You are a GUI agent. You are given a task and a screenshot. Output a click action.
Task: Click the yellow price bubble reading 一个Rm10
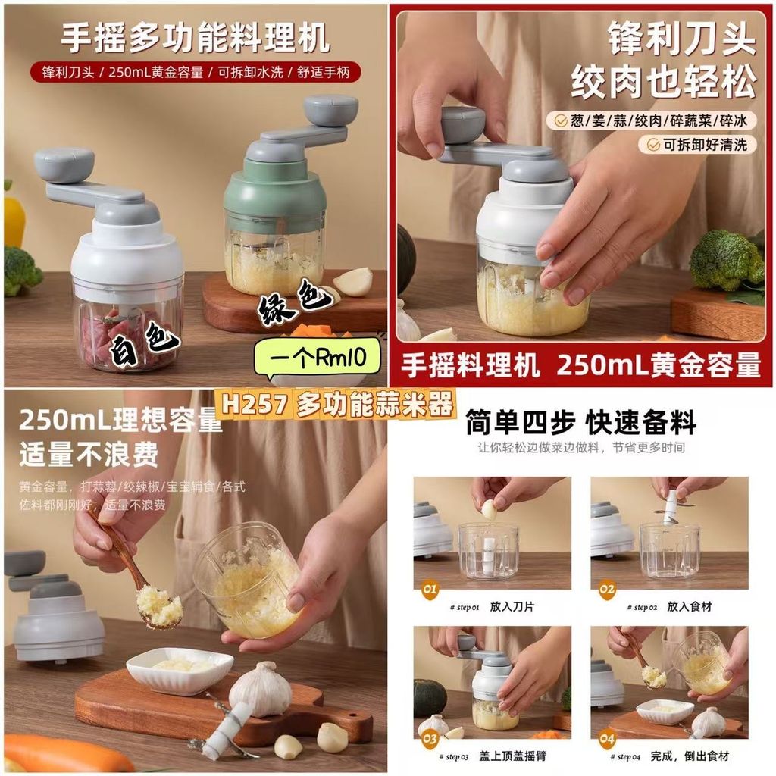click(x=318, y=356)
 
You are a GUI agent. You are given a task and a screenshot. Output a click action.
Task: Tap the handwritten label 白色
click(x=143, y=343)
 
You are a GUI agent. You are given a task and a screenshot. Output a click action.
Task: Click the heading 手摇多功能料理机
click(x=196, y=38)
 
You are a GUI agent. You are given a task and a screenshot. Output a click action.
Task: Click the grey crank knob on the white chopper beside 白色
click(x=64, y=164)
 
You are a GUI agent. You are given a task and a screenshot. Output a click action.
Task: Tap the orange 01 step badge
click(x=430, y=589)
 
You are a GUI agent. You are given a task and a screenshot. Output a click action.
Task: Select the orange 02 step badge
click(x=607, y=589)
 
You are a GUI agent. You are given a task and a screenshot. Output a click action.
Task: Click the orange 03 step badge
click(x=430, y=740)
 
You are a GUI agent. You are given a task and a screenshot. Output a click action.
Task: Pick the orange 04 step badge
click(x=607, y=740)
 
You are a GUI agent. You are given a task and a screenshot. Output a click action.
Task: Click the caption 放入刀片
click(x=512, y=607)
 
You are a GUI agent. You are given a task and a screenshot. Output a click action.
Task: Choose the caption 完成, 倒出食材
click(x=690, y=756)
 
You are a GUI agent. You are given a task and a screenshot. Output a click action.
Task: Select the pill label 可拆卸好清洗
click(x=698, y=145)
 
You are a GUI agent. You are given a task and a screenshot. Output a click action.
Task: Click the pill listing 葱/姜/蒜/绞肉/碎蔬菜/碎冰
click(x=652, y=120)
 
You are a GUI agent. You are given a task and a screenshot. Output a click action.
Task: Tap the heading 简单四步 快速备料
click(x=581, y=423)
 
